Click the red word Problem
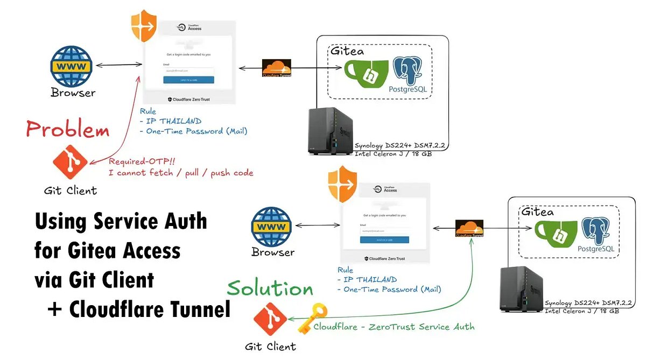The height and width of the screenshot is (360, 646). pyautogui.click(x=68, y=130)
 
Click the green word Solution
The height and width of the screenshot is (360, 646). pyautogui.click(x=270, y=288)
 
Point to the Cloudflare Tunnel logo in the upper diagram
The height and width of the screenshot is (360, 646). pyautogui.click(x=276, y=69)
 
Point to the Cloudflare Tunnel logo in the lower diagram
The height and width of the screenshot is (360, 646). pyautogui.click(x=469, y=229)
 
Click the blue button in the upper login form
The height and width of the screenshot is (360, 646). pyautogui.click(x=188, y=80)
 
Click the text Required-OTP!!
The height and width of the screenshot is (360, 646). pyautogui.click(x=135, y=162)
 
